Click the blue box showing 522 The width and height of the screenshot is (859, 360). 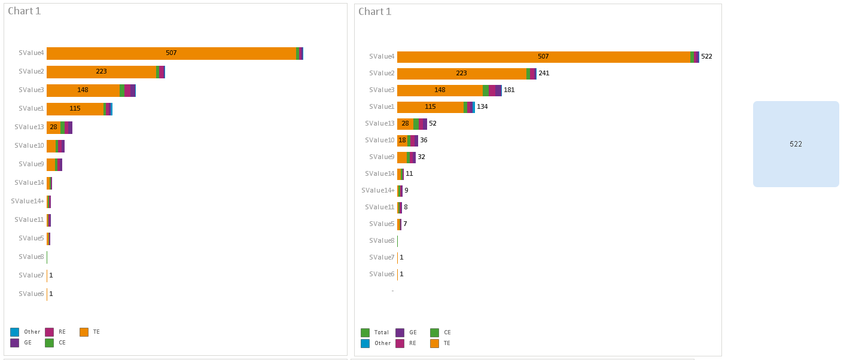click(x=796, y=144)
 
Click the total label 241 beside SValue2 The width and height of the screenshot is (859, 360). click(x=544, y=74)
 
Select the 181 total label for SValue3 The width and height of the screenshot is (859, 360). click(x=509, y=90)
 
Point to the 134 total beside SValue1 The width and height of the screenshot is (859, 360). click(x=482, y=107)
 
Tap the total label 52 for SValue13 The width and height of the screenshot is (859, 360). click(x=432, y=124)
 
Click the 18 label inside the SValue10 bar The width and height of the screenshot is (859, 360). click(x=403, y=141)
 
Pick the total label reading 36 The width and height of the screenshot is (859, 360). click(x=424, y=141)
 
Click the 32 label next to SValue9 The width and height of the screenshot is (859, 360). click(x=421, y=157)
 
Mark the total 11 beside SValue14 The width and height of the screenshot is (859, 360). click(x=409, y=174)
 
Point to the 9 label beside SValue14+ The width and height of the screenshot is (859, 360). click(x=406, y=191)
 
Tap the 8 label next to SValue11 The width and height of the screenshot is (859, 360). click(x=406, y=208)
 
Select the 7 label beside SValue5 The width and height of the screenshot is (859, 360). click(x=405, y=224)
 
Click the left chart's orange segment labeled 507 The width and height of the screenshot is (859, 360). click(x=171, y=53)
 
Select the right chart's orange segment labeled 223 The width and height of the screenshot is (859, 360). click(x=461, y=74)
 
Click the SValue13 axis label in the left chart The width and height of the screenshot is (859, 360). click(x=29, y=127)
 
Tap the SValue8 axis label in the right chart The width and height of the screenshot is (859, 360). click(x=382, y=241)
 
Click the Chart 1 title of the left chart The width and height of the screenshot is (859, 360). click(x=25, y=11)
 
